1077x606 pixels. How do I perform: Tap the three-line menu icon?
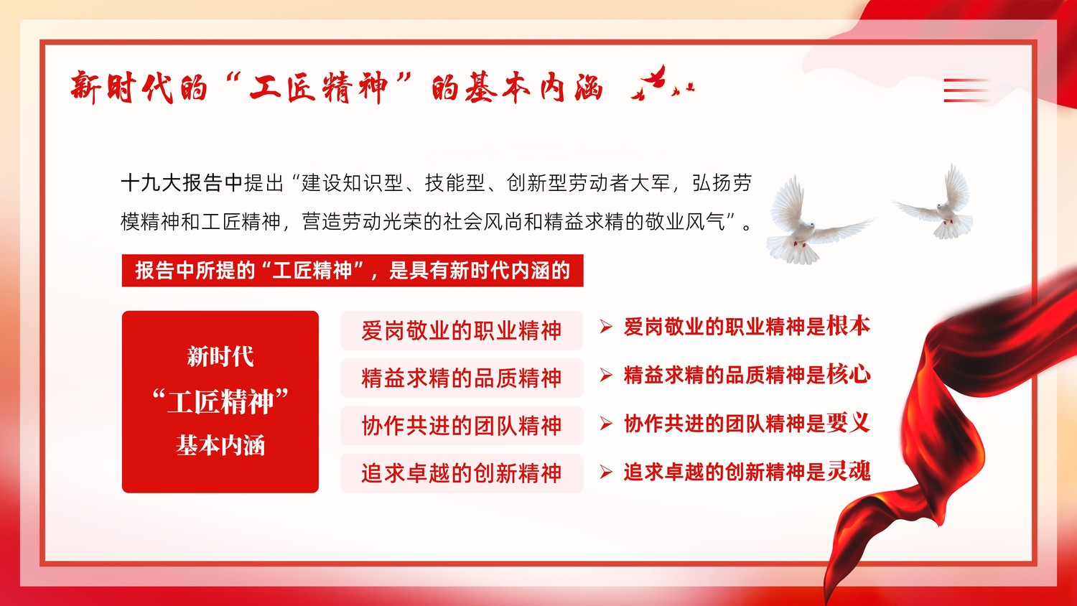966,90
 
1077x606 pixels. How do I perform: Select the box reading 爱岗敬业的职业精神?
462,330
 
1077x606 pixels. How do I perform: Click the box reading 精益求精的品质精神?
462,378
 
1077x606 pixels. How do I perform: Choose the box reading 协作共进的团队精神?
462,426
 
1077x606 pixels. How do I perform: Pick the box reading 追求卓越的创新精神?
462,473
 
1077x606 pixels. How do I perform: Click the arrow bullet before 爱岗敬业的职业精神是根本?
606,327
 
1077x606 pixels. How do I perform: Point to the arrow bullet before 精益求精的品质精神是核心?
606,375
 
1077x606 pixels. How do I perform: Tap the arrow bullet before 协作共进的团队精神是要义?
606,424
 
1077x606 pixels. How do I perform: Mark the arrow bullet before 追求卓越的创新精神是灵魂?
606,472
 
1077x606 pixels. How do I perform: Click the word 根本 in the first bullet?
849,326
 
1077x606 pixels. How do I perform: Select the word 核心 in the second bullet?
849,375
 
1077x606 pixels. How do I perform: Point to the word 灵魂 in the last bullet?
849,471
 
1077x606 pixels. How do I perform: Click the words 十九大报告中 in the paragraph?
182,183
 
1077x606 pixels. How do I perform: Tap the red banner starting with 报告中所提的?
353,271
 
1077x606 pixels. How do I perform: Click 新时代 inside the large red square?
220,357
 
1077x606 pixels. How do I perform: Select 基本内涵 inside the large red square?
220,445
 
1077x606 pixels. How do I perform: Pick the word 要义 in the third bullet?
849,423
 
